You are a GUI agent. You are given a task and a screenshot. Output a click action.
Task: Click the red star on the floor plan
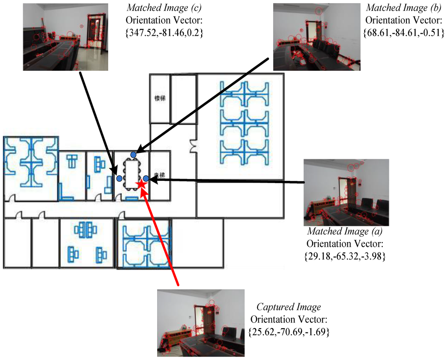141,184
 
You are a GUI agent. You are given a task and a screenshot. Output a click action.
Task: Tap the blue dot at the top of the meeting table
134,154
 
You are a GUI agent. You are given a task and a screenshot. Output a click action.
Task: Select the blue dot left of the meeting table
119,178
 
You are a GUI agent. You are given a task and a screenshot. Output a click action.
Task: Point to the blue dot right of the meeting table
146,178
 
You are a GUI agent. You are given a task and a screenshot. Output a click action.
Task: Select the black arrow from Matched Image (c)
98,122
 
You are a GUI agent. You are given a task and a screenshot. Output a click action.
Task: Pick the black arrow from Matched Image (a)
227,180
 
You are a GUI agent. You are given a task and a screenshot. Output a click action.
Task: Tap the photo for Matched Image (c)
65,37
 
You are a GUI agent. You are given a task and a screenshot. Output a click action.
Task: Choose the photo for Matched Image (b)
316,37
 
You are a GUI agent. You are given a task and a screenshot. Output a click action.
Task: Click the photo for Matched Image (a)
346,192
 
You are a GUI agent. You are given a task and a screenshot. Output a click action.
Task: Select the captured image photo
201,323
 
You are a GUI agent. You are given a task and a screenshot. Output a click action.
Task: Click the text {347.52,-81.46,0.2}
165,33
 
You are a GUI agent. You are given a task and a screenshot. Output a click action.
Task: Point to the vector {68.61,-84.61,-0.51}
403,33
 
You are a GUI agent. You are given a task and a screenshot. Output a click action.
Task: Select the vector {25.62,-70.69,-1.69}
288,332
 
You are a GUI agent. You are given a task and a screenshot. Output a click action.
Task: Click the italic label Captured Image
289,307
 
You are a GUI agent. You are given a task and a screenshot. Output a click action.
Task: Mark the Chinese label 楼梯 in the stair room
159,98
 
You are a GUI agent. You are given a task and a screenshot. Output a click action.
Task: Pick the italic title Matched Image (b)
396,8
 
